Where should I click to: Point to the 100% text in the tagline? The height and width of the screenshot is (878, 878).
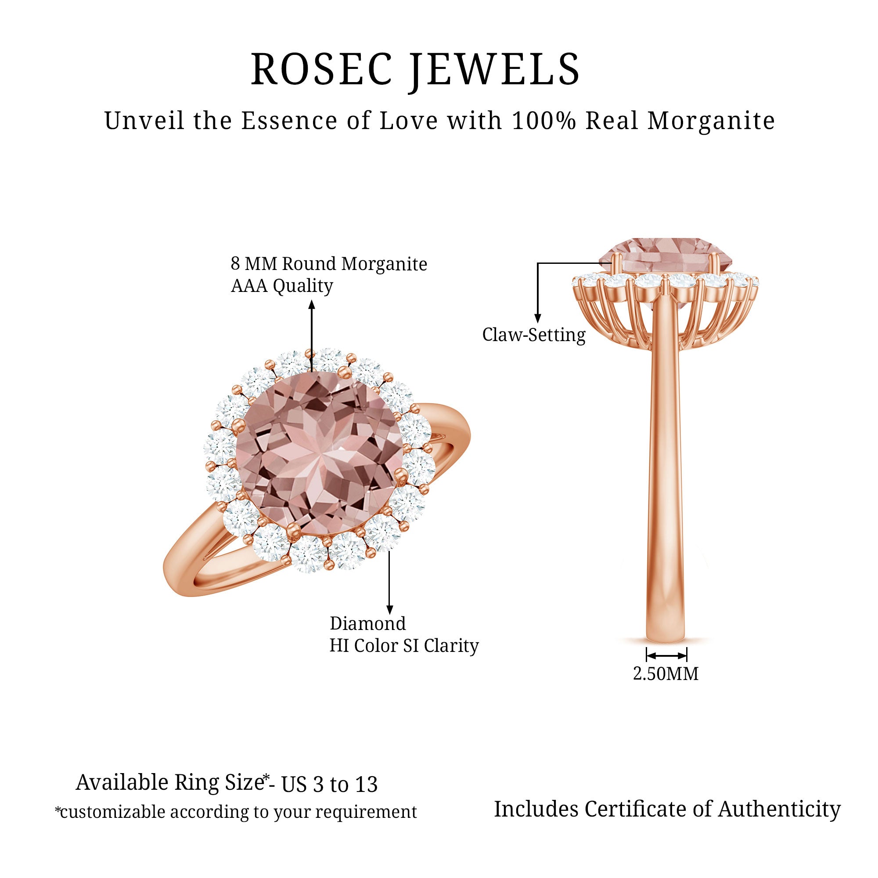[x=543, y=121]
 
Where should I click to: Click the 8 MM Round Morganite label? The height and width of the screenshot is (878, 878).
[x=328, y=263]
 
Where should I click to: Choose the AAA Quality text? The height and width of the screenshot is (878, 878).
[x=282, y=286]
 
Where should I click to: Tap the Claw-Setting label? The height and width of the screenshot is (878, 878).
[x=534, y=335]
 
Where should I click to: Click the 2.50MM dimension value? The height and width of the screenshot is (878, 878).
[x=666, y=673]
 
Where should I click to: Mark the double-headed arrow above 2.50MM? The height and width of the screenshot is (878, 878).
[x=666, y=655]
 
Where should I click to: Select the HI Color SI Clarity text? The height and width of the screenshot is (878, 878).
[x=404, y=646]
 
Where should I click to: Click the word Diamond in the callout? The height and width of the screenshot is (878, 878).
[x=367, y=623]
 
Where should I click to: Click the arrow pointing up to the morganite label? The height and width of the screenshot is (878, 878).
[x=312, y=336]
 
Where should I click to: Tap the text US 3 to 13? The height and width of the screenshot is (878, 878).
[x=330, y=784]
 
